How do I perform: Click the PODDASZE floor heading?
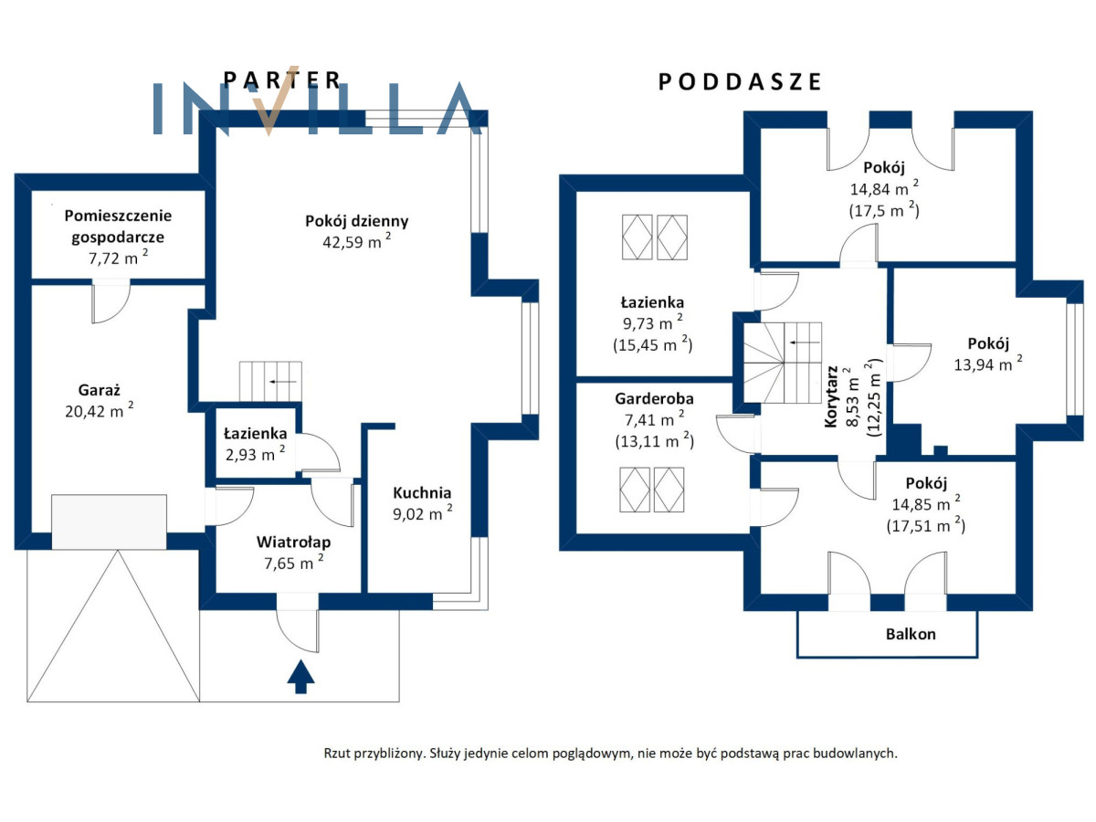point(740,82)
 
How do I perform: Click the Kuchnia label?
point(422,493)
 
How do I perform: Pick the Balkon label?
point(910,634)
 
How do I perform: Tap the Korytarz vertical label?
point(832,396)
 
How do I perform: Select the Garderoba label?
point(653,399)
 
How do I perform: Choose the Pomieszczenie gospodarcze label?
point(118,226)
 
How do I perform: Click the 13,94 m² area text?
point(985,365)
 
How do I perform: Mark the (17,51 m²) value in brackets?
point(925,525)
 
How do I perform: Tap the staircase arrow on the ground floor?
point(284,380)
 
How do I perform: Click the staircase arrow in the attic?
point(804,342)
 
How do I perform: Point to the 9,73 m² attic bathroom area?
point(652,322)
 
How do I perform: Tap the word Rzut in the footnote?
point(338,753)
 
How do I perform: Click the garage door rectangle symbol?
point(109,522)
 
